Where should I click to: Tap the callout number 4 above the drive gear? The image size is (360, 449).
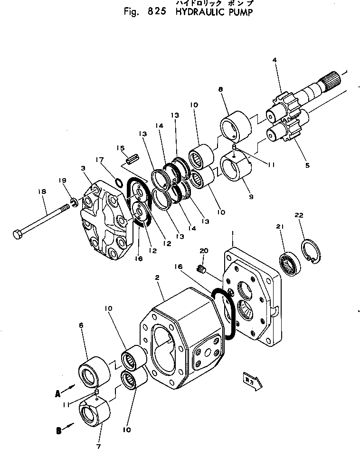coord(274,60)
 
